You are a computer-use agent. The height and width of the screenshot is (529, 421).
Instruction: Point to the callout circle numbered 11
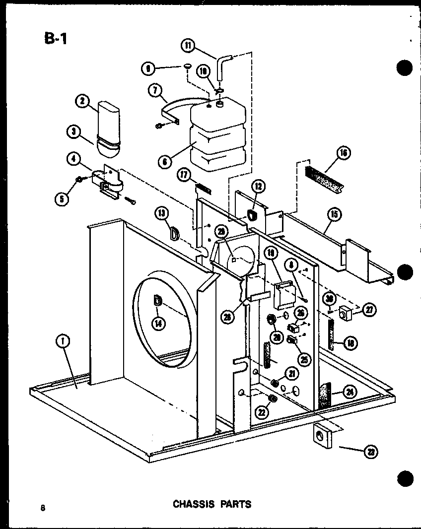point(188,46)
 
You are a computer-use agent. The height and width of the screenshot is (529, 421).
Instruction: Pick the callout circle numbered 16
point(343,153)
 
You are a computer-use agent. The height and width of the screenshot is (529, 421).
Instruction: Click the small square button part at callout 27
point(344,314)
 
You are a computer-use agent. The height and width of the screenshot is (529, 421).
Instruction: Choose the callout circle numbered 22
point(261,411)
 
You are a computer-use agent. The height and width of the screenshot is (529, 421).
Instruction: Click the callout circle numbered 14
point(158,323)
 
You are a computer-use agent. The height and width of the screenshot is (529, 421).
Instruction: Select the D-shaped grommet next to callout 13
point(175,233)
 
